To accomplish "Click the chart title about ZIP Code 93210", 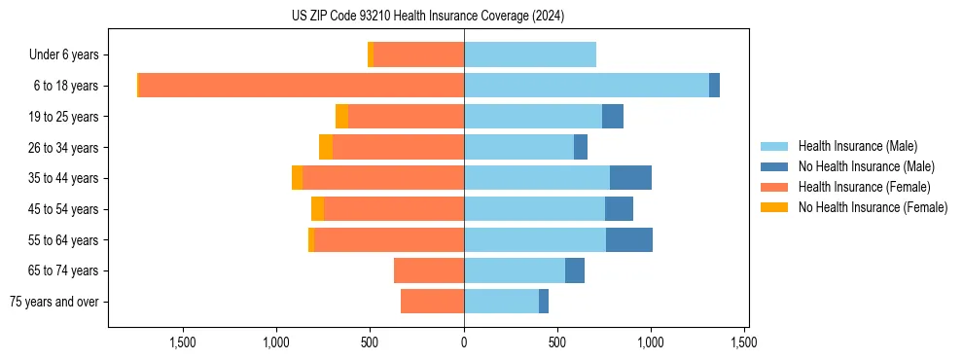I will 427,16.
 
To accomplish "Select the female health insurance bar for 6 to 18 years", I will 302,86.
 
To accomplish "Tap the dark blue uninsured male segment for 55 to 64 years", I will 629,239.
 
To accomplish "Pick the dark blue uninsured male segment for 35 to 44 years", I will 630,178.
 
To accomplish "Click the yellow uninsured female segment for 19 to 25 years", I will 341,117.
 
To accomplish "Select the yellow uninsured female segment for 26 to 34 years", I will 326,147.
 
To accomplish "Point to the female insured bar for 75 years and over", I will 432,302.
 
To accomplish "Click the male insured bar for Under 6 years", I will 530,54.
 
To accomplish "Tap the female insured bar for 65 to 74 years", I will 429,270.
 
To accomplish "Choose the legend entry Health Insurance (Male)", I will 857,146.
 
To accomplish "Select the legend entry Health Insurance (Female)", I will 864,187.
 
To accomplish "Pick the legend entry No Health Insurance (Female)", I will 873,207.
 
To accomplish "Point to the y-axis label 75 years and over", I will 54,302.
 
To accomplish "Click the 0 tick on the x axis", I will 464,342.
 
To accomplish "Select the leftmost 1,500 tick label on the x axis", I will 184,342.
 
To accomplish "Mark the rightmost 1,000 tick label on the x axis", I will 651,342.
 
